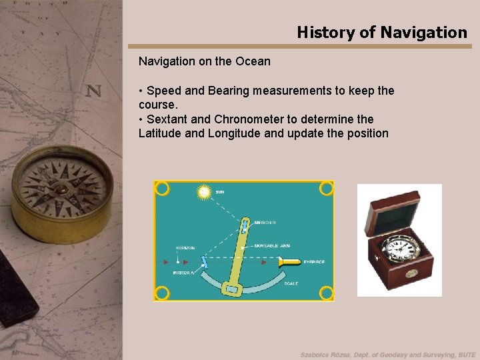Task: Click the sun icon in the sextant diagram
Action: coord(204,192)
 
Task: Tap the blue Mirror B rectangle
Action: coord(245,227)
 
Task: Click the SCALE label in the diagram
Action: coord(291,283)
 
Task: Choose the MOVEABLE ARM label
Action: coord(271,246)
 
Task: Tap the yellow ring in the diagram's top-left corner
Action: coord(162,189)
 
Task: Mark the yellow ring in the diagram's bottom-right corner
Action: coord(326,292)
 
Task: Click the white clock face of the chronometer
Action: coord(399,250)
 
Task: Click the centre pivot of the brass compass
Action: coord(61,189)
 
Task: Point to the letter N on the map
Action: coord(93,90)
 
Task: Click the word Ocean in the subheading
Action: coord(253,61)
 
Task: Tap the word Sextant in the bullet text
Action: coord(167,119)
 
